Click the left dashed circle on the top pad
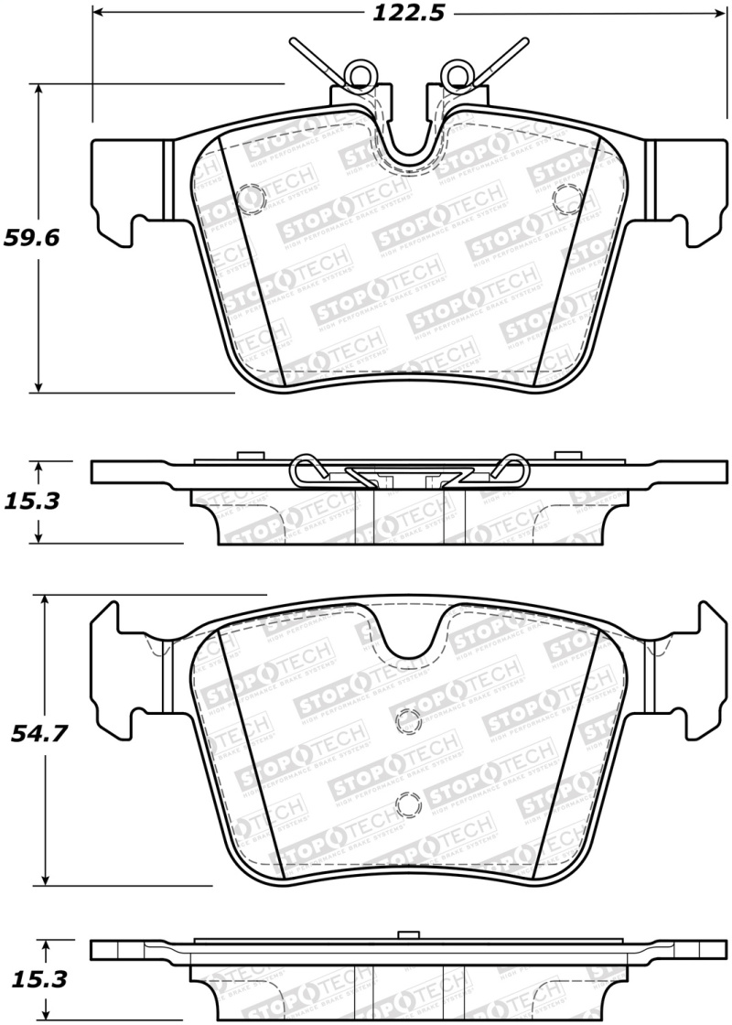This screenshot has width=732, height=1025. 249,196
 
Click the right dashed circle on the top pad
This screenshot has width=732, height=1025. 568,196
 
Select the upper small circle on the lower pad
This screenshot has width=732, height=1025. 404,721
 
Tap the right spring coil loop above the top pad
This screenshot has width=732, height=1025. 454,73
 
